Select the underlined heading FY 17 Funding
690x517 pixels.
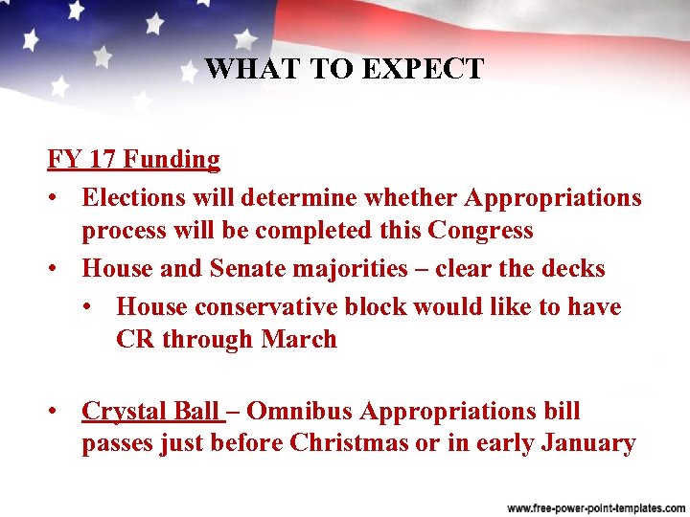134,159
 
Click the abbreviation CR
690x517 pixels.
134,339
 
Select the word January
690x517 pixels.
588,443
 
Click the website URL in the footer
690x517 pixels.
593,505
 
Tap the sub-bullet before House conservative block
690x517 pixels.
92,306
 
